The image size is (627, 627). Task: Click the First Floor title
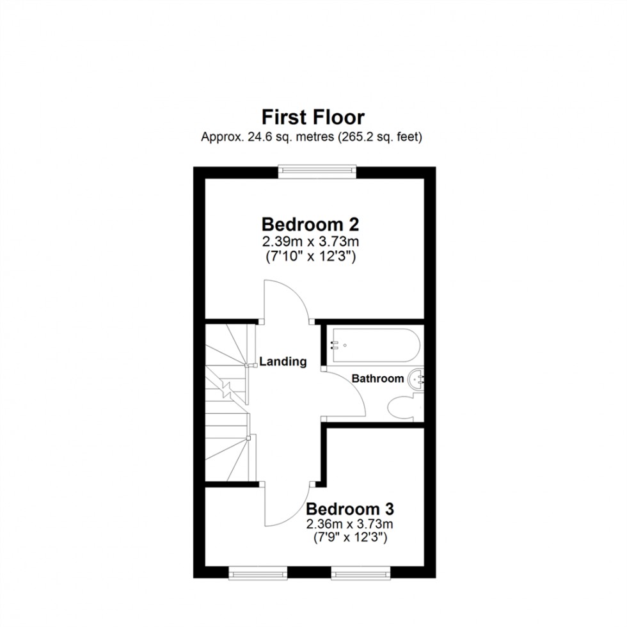coord(313,118)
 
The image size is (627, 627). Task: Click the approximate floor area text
coord(313,136)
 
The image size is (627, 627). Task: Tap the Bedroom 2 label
coord(310,225)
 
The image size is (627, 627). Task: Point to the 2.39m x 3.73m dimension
coord(310,242)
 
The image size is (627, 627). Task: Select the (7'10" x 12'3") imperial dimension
coord(310,257)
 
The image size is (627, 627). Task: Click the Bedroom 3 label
coord(349,509)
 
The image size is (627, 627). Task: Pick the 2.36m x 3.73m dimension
coord(349,525)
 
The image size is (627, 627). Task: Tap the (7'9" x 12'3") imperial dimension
coord(349,539)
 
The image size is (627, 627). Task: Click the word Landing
coord(283,361)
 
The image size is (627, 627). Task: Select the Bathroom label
coord(377,378)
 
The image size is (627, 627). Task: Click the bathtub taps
coord(335,345)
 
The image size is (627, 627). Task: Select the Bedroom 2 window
coord(316,170)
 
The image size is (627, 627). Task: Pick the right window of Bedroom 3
coord(360,573)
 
